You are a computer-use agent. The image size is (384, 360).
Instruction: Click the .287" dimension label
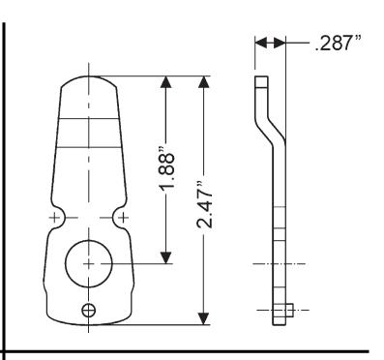(x=338, y=43)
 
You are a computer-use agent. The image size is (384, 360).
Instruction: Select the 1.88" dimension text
(x=167, y=168)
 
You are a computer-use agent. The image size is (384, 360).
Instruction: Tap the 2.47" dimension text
(x=205, y=205)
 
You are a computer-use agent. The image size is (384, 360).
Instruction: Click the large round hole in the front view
(x=89, y=263)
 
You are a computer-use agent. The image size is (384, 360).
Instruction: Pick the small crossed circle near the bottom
(x=88, y=311)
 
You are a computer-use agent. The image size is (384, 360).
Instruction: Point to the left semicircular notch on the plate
(x=59, y=218)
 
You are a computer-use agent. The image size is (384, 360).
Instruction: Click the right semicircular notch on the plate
(x=119, y=218)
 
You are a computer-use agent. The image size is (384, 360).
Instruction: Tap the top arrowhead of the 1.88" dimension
(x=166, y=82)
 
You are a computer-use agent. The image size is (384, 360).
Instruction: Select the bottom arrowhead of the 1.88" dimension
(x=166, y=257)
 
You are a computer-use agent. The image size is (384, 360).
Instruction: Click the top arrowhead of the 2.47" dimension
(x=203, y=82)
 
